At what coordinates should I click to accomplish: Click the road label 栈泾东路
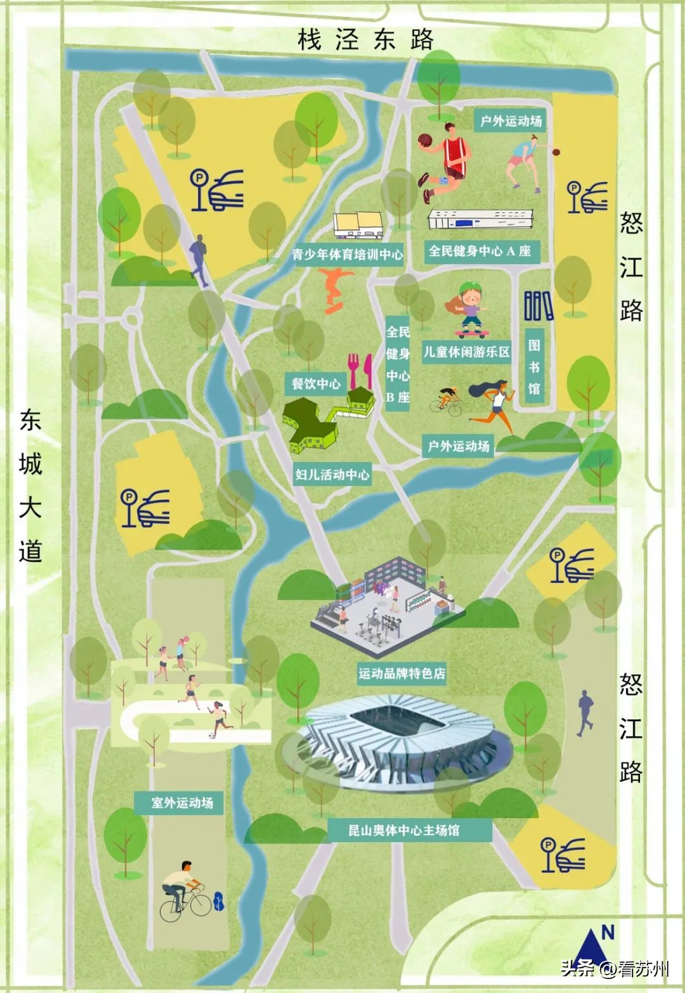(x=365, y=39)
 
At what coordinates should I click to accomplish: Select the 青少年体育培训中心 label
(x=347, y=255)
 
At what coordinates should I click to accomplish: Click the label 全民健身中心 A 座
(x=480, y=251)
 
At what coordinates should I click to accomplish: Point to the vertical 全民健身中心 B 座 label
(x=398, y=364)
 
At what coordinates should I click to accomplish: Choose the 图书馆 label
(x=534, y=366)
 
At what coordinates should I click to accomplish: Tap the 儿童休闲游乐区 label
(x=466, y=352)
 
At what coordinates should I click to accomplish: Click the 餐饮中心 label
(x=316, y=383)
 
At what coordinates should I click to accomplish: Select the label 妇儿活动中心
(x=332, y=474)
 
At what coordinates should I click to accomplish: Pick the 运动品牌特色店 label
(x=401, y=673)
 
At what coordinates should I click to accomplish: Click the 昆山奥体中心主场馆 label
(x=403, y=830)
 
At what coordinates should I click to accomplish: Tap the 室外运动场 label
(x=182, y=803)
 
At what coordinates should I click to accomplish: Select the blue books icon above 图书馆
(x=538, y=305)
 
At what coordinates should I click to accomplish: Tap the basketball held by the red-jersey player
(x=425, y=141)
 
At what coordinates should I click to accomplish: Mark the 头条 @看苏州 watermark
(x=615, y=969)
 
